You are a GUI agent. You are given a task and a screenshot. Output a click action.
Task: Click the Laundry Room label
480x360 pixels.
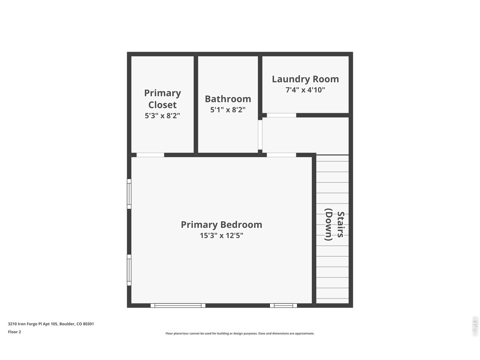[x=305, y=79]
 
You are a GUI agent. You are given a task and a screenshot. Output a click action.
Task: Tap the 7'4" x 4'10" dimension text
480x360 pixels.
[x=305, y=90]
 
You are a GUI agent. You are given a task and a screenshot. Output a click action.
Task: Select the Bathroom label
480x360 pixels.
[x=228, y=99]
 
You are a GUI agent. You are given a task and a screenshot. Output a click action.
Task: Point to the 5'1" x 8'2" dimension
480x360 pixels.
[x=228, y=110]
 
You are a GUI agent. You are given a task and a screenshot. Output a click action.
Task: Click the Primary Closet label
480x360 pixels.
[x=162, y=99]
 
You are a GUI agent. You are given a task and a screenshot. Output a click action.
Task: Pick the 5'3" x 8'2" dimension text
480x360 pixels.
[x=162, y=116]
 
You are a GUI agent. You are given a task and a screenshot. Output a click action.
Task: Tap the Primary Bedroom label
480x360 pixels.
[x=221, y=225]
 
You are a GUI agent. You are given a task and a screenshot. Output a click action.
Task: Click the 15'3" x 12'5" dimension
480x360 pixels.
[x=221, y=235]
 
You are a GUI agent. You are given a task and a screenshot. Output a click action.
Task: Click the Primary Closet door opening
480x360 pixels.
[x=150, y=155]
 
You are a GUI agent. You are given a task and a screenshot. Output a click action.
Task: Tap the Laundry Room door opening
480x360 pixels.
[x=281, y=115]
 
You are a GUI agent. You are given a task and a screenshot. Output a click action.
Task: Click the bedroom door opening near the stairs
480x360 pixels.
[x=281, y=155]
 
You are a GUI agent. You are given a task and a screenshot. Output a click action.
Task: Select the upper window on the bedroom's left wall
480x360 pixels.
[x=129, y=194]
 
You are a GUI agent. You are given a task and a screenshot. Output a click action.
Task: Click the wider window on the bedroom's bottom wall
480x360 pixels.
[x=178, y=306]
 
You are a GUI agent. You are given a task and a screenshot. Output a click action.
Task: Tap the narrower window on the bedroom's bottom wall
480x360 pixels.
[x=283, y=306]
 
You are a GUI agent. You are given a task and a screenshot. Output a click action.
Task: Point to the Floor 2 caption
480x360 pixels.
[x=15, y=332]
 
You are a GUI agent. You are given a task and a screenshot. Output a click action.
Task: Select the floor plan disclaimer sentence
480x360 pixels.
[x=240, y=333]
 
